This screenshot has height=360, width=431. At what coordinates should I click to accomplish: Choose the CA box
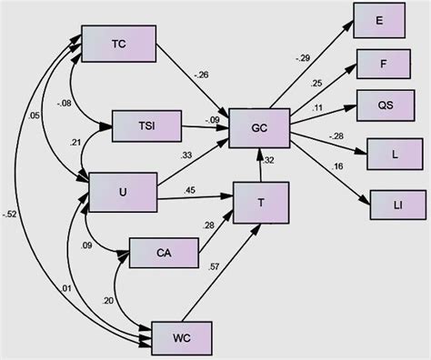click(x=162, y=253)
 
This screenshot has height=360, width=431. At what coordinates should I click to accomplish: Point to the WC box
click(x=181, y=335)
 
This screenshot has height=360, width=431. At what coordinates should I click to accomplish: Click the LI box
click(x=396, y=202)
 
